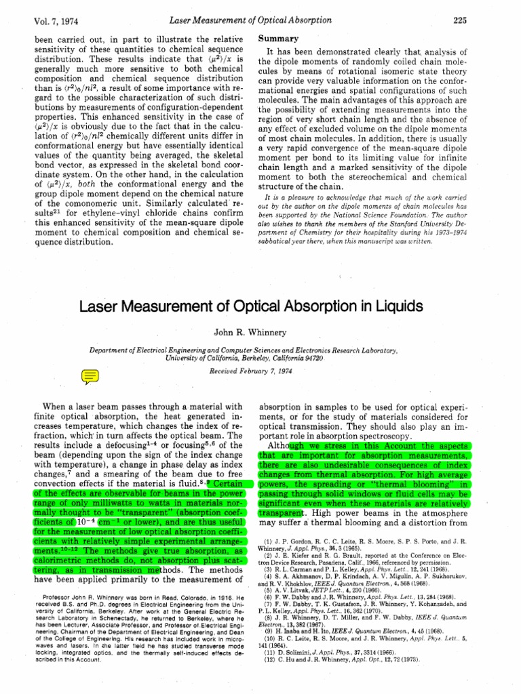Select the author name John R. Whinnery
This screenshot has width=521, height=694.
[x=260, y=332]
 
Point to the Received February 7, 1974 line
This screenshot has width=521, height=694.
[x=260, y=372]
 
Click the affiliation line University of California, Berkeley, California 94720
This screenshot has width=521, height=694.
[x=260, y=357]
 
